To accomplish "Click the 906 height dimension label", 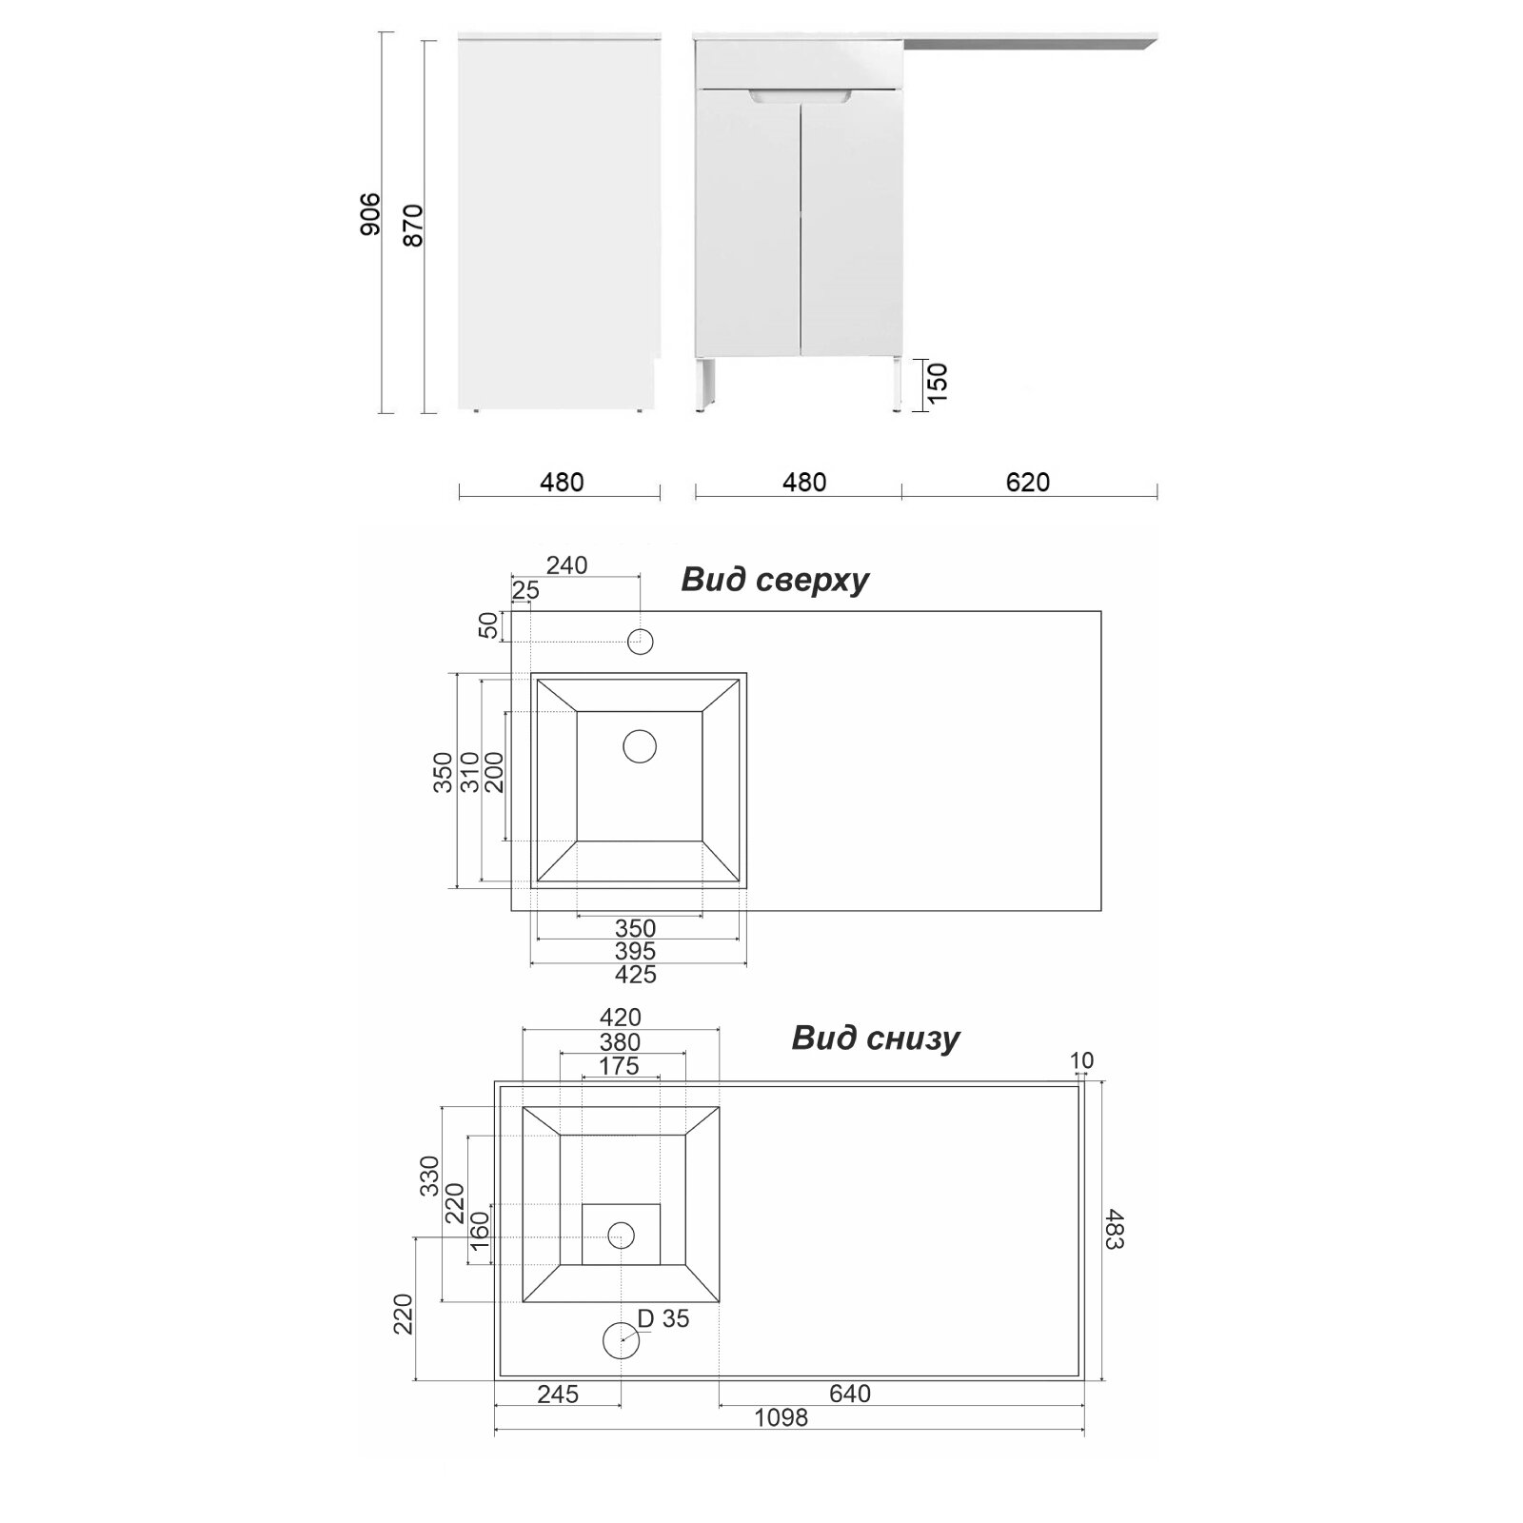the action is tap(370, 214).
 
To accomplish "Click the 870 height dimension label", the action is tap(412, 226).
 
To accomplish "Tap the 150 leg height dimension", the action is tap(938, 383).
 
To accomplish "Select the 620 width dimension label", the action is tap(1028, 483).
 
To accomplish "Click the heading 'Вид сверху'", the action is tap(775, 580).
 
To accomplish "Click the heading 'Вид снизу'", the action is tap(876, 1038).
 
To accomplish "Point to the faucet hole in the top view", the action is tap(641, 642).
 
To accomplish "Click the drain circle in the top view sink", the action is tap(640, 746).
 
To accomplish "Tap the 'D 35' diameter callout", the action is tap(663, 1318).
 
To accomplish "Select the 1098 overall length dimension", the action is tap(781, 1444).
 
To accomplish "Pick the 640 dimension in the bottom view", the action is tap(850, 1394).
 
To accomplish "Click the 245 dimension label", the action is tap(558, 1394).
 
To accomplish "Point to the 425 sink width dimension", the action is tap(636, 975).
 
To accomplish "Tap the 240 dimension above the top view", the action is tap(566, 565).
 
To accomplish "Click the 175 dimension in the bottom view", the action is tap(620, 1066).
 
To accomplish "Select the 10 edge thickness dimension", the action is tap(1081, 1060).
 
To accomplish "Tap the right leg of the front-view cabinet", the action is tap(897, 386).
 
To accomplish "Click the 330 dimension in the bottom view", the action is tap(429, 1176).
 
